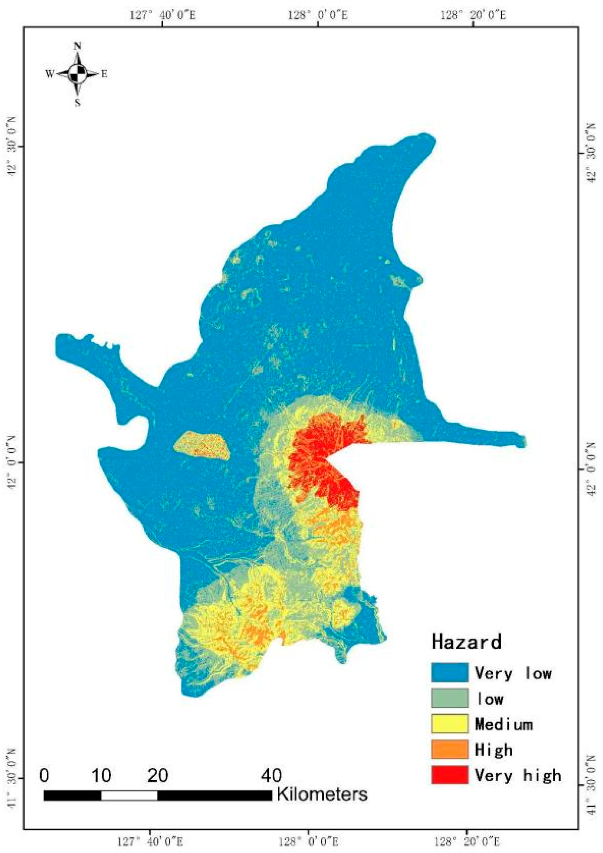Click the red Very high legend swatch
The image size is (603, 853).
[449, 775]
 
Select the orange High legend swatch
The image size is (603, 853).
[449, 749]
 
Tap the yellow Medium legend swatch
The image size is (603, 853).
[449, 724]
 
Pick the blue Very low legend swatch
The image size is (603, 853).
[449, 673]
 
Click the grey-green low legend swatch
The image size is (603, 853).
[449, 698]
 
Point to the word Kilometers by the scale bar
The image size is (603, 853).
[322, 794]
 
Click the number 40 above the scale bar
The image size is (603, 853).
[271, 776]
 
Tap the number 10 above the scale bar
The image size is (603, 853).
[101, 776]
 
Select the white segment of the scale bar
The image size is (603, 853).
[129, 795]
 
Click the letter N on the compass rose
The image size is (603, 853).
[77, 46]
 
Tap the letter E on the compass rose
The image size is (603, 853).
[104, 74]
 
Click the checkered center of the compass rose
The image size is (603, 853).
[77, 74]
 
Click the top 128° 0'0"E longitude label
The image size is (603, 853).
[318, 15]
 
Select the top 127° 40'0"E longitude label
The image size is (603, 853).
[162, 15]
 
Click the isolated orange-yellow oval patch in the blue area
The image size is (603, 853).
[202, 445]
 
